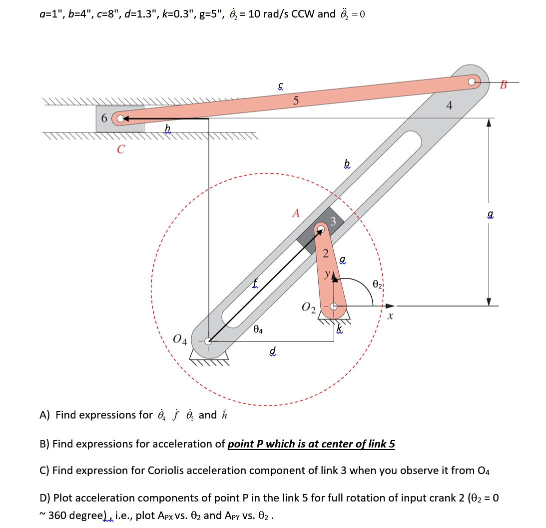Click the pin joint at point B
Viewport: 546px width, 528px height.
pos(472,80)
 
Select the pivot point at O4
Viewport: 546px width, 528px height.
pos(209,341)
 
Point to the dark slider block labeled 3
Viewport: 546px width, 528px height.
pos(320,229)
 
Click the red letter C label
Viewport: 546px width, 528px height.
pos(121,148)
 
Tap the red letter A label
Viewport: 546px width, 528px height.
pos(296,213)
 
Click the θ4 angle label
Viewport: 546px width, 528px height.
pos(258,329)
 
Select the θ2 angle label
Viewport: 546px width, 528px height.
pos(377,285)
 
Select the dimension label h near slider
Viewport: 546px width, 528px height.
pos(167,129)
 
